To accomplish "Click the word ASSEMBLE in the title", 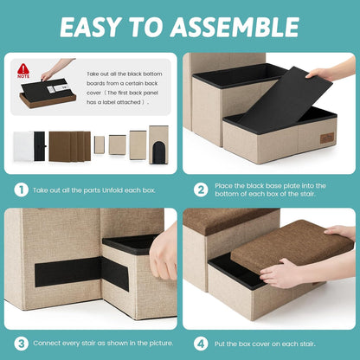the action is tap(235, 27).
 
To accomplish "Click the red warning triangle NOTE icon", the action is tap(23, 71).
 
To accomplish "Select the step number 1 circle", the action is tap(21, 190).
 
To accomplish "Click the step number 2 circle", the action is tap(201, 190).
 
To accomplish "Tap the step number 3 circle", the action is tap(21, 344).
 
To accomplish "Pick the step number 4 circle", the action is tap(201, 344).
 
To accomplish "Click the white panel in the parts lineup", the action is tap(23, 146).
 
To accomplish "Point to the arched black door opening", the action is tap(158, 152).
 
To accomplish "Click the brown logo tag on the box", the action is tap(327, 138).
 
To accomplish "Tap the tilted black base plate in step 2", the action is tap(286, 100).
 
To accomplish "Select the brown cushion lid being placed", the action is tap(292, 246).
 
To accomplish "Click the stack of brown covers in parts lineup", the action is tap(69, 146).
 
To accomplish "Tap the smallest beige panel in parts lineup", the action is tap(100, 145).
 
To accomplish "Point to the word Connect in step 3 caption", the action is tap(46, 344).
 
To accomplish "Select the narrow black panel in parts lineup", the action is tap(40, 146).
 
